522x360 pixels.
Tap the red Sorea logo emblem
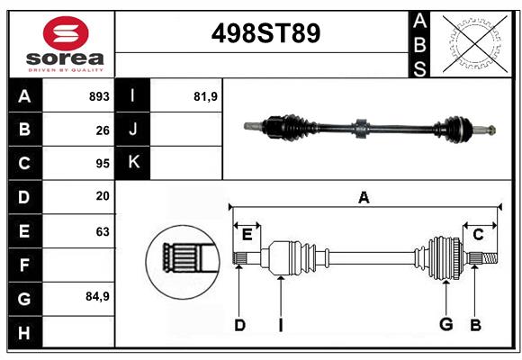pyautogui.click(x=66, y=34)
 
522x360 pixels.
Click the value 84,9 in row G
pyautogui.click(x=97, y=296)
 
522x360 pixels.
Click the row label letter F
pyautogui.click(x=24, y=265)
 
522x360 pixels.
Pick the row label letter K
pyautogui.click(x=133, y=163)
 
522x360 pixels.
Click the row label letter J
pyautogui.click(x=133, y=130)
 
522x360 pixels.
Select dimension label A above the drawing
pyautogui.click(x=364, y=197)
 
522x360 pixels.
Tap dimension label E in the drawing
pyautogui.click(x=247, y=235)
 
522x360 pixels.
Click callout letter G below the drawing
pyautogui.click(x=445, y=324)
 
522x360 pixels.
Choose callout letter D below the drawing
pyautogui.click(x=239, y=324)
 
